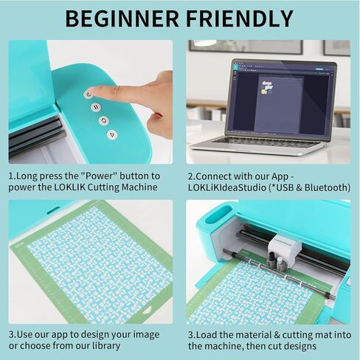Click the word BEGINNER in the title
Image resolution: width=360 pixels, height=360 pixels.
pos(122,18)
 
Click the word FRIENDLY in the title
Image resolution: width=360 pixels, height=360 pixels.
pos(240,18)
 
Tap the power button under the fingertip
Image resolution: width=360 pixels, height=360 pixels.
pos(89,94)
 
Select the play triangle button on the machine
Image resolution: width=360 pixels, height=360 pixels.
pos(112,134)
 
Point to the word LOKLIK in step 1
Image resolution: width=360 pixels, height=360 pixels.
pos(69,187)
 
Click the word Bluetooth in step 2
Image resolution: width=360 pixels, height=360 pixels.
pos(327,187)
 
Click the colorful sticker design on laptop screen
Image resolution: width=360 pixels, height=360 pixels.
pos(267,88)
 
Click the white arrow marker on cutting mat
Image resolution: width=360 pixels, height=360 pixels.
pos(148,311)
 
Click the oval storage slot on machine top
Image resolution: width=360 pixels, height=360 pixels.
pos(219,215)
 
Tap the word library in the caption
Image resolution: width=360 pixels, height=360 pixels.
pos(106,346)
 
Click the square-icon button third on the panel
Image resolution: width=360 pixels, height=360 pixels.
pos(104,120)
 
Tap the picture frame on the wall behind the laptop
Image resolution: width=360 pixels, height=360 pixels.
pos(246,46)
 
